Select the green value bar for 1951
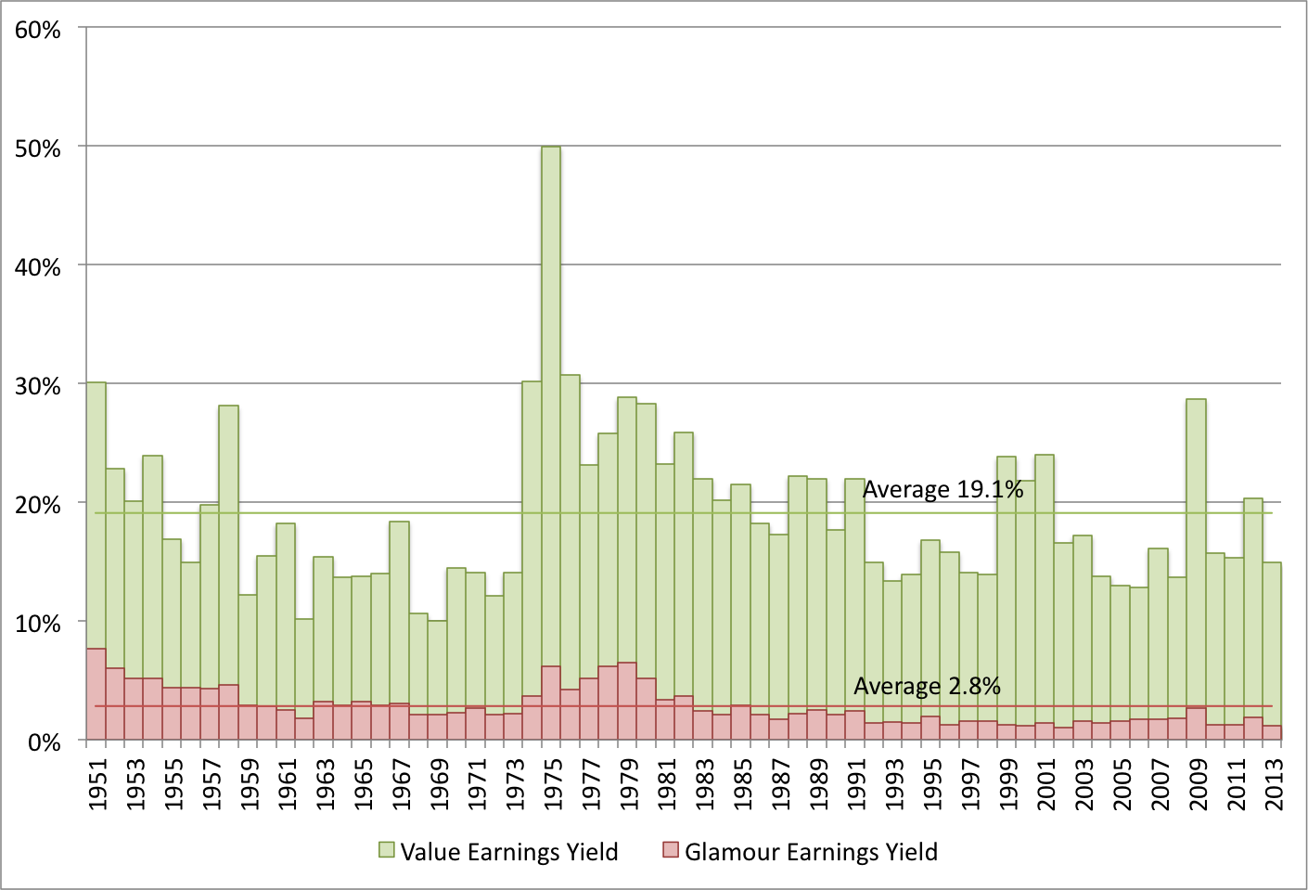click(96, 510)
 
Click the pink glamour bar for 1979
click(627, 701)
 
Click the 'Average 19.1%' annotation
click(943, 489)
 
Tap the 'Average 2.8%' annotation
click(927, 686)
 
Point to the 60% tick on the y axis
click(38, 30)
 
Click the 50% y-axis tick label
click(38, 148)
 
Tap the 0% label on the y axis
click(44, 742)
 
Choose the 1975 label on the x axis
click(554, 784)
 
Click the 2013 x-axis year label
click(1274, 784)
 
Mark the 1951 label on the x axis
click(98, 784)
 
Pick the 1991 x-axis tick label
click(857, 784)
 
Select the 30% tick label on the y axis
click(38, 385)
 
